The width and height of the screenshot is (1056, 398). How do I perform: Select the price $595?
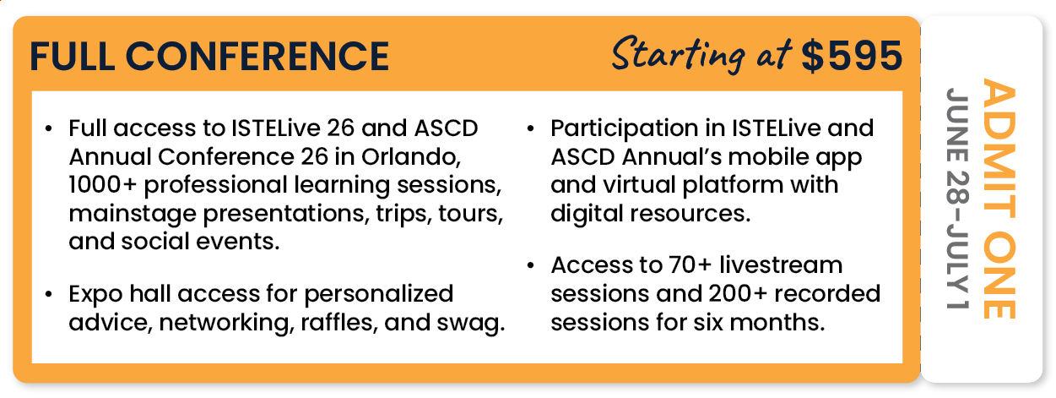pos(852,56)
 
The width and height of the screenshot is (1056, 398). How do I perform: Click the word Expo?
pos(95,293)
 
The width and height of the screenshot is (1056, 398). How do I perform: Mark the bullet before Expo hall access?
pos(51,294)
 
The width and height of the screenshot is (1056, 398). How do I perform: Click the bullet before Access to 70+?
pos(531,266)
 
